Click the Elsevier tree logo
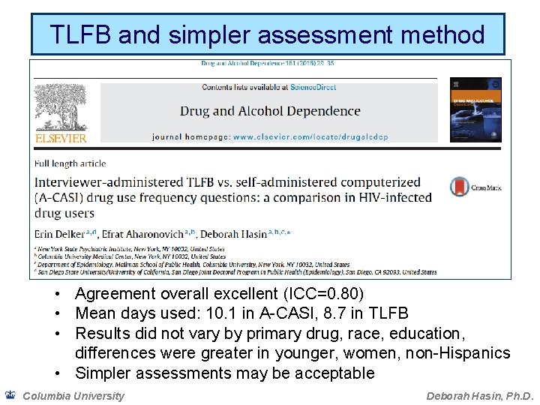[x=61, y=104]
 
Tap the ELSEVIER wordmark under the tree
[x=61, y=138]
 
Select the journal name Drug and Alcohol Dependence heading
[x=270, y=111]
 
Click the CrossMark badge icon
[x=460, y=187]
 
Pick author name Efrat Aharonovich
[x=160, y=234]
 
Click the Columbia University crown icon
[x=10, y=394]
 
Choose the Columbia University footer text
[x=73, y=395]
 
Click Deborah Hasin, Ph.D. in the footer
[x=479, y=395]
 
